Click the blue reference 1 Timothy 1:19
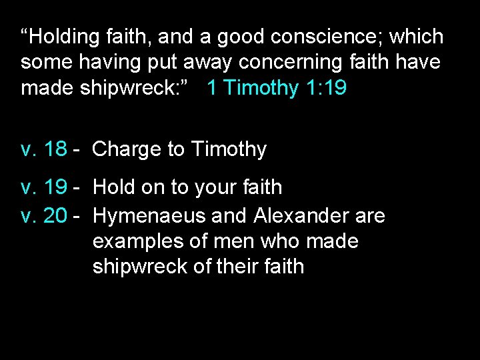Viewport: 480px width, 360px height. (277, 88)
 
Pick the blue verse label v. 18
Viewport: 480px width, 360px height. (44, 149)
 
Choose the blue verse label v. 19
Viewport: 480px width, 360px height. (44, 188)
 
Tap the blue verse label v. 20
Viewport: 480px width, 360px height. (44, 215)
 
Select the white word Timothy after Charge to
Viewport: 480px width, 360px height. (229, 149)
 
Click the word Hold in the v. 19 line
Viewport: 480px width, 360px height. (114, 188)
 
